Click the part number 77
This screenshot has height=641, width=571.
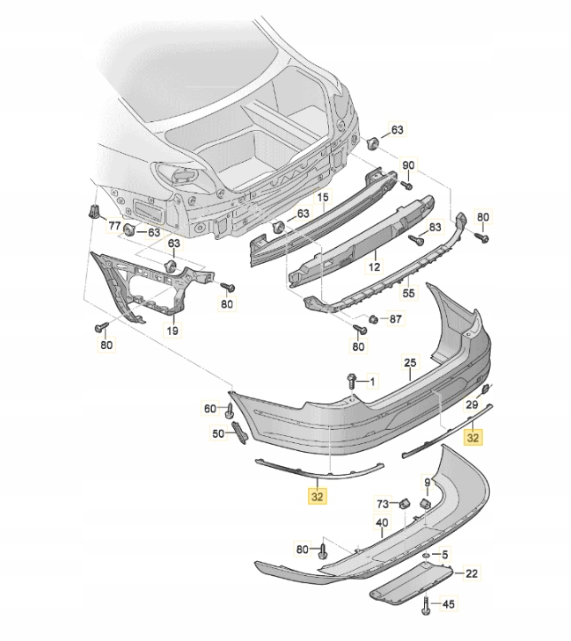tap(113, 226)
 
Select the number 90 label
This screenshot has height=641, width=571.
tap(407, 165)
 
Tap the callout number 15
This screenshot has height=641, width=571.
tap(322, 199)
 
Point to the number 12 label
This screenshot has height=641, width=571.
tap(373, 265)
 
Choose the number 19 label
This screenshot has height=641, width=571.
tap(172, 331)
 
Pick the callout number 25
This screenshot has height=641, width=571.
tap(409, 362)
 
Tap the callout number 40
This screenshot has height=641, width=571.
tap(382, 523)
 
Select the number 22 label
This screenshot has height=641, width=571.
tap(472, 574)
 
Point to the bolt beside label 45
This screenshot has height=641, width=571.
tap(427, 604)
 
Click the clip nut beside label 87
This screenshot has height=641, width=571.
tap(373, 318)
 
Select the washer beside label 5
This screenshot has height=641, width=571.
tap(425, 555)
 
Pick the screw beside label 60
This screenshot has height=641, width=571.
tap(231, 409)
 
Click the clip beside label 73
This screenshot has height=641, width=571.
tap(405, 503)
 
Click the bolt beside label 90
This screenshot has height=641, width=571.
tap(407, 185)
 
